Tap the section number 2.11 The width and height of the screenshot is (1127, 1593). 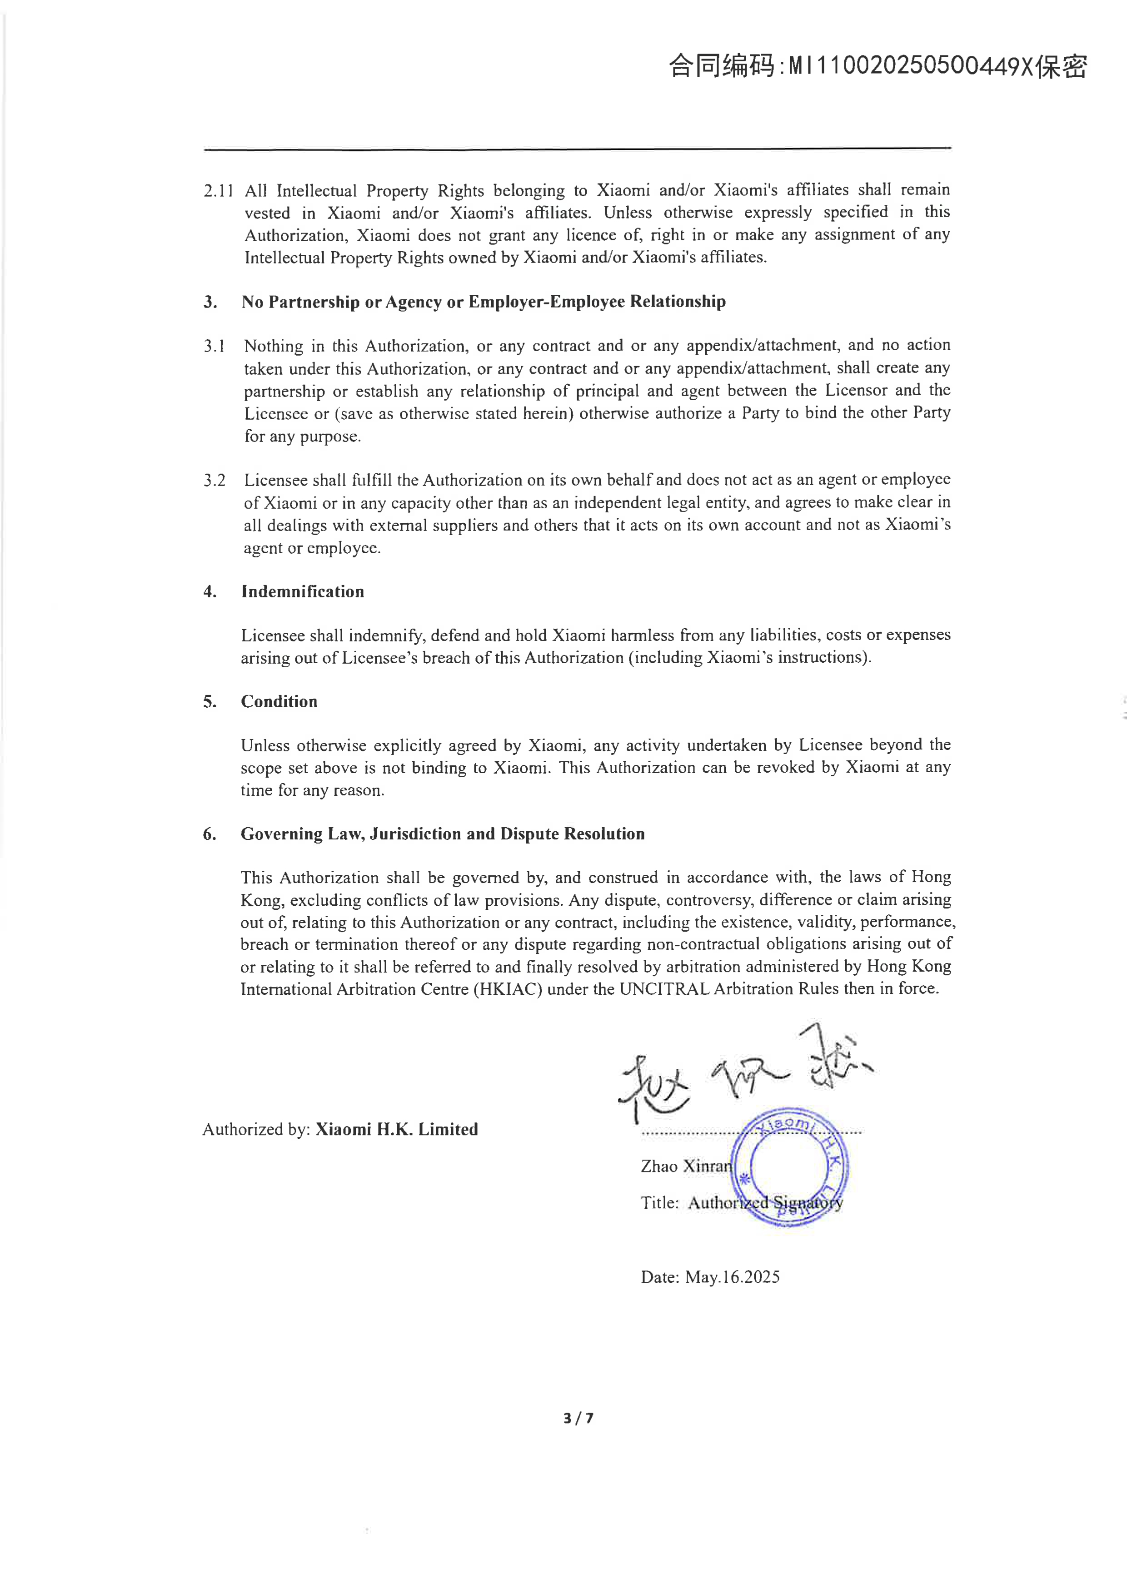pos(218,191)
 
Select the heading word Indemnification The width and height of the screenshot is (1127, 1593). pos(303,592)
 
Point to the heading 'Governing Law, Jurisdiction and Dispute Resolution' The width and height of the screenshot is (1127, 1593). pos(443,834)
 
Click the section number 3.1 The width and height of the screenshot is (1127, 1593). pos(214,346)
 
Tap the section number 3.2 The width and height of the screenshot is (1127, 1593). pos(214,480)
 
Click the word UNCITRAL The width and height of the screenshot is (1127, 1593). pos(663,989)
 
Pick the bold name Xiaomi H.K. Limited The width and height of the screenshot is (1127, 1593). pos(397,1130)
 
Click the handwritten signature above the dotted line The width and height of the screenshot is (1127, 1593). pos(743,1076)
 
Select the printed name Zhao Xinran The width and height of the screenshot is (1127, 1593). pos(686,1166)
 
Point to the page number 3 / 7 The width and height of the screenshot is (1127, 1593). pos(578,1418)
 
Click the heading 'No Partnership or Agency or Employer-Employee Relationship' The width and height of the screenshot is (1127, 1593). pos(483,302)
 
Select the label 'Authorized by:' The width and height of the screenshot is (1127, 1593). pos(256,1130)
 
